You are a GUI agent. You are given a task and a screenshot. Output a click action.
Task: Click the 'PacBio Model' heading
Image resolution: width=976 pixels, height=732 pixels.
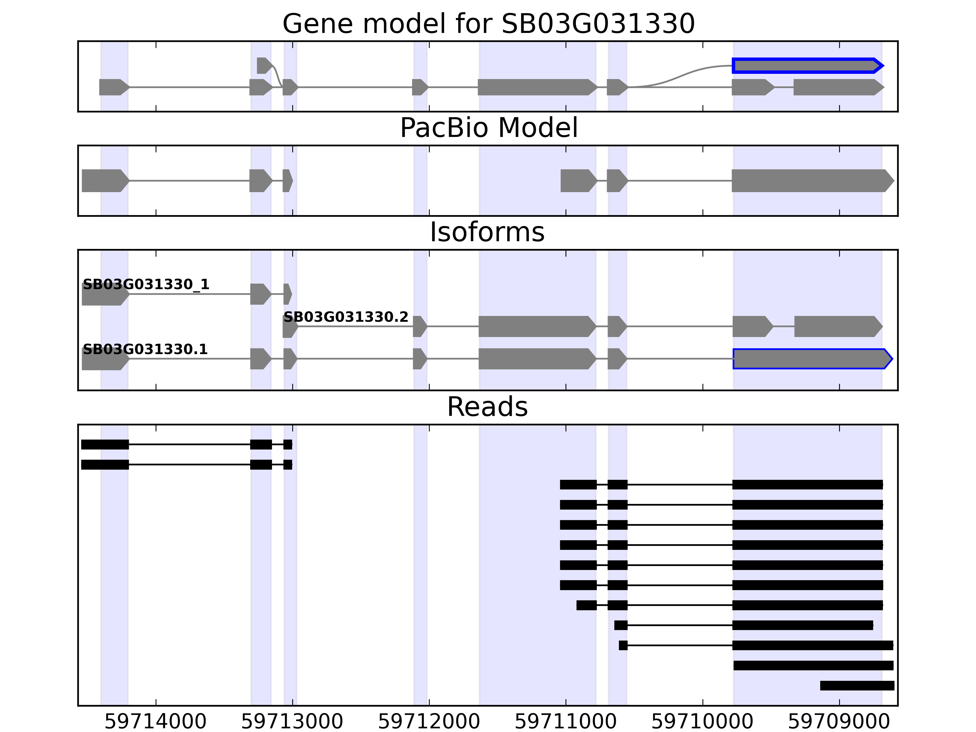(x=488, y=128)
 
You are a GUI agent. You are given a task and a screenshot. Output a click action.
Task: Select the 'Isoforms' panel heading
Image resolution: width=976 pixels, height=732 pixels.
(x=487, y=232)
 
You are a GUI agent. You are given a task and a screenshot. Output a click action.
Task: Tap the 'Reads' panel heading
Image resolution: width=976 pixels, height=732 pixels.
(x=487, y=407)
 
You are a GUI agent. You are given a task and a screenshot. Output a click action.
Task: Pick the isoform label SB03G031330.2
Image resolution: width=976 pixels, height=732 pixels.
(x=346, y=317)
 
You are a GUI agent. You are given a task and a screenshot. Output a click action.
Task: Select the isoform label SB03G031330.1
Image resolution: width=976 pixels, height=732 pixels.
(x=145, y=350)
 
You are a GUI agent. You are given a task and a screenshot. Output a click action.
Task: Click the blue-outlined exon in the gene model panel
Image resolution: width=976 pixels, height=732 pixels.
(x=805, y=66)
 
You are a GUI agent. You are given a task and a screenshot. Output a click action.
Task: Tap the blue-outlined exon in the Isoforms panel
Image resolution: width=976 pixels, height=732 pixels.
(x=810, y=359)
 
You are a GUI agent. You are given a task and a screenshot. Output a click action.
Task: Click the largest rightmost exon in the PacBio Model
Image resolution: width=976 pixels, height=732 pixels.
(x=810, y=181)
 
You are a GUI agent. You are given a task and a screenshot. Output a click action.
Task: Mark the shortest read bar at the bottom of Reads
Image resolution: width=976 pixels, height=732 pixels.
(x=857, y=686)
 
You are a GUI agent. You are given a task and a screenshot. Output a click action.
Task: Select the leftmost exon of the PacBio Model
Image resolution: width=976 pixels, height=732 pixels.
(x=103, y=181)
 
